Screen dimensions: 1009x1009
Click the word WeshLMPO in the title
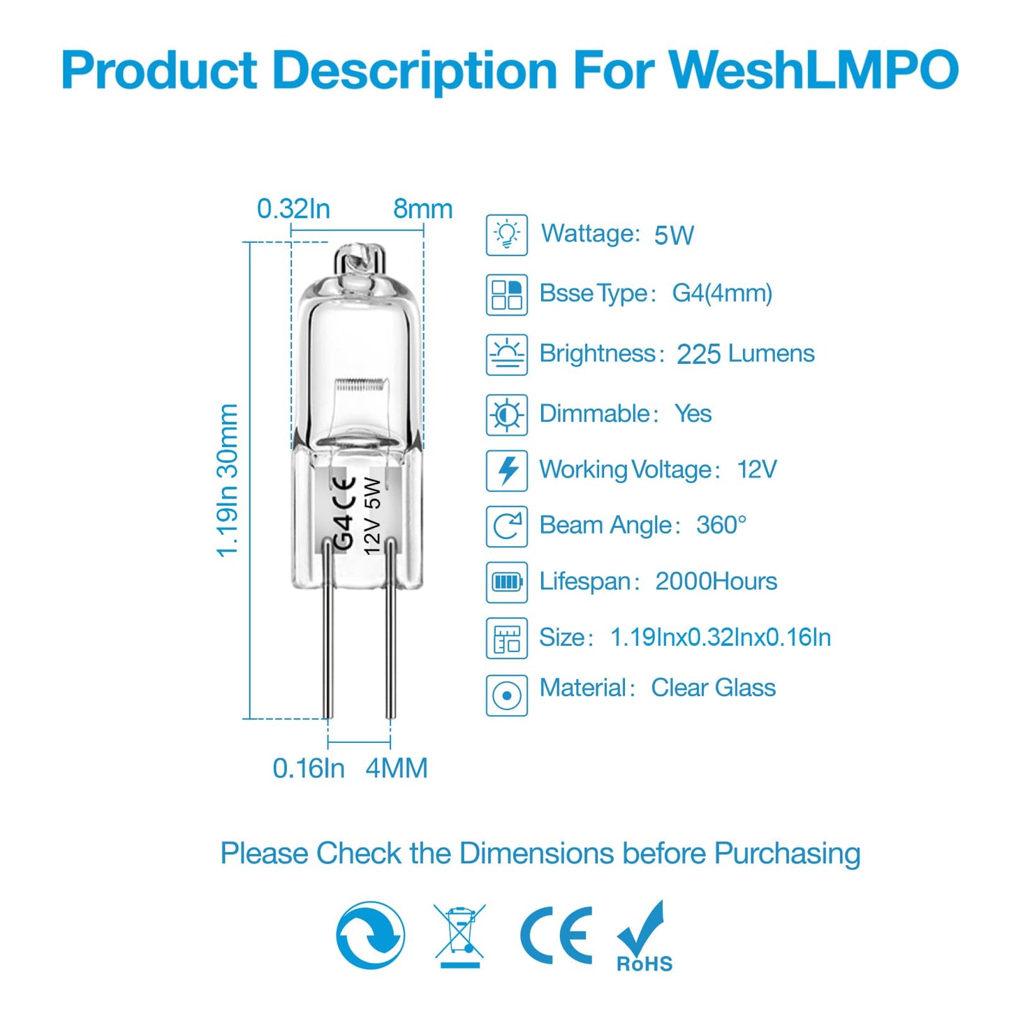point(813,71)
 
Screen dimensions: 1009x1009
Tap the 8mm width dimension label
point(422,209)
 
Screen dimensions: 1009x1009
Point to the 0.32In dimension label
point(293,209)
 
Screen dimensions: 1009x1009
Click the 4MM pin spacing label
point(397,768)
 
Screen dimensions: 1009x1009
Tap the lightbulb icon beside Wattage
point(506,235)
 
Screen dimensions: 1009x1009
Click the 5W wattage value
point(674,235)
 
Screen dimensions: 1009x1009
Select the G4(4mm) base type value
point(722,293)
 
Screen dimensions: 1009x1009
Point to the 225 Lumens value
point(745,354)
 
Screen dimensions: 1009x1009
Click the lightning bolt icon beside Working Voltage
point(507,471)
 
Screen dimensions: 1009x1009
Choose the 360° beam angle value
point(721,525)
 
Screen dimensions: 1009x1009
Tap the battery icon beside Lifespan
point(507,582)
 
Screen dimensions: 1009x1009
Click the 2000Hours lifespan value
point(716,582)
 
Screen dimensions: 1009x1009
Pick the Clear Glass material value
point(713,688)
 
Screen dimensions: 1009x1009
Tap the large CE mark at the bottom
point(557,936)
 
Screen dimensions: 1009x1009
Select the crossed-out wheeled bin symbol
point(459,934)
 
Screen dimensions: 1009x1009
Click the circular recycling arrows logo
point(370,935)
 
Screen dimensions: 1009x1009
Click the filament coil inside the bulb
point(360,385)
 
